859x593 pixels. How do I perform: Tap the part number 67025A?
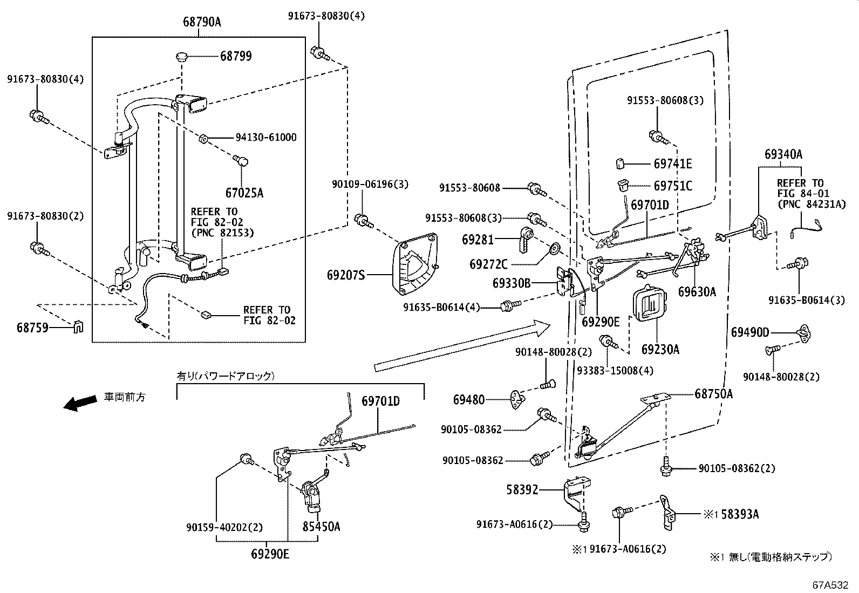(x=244, y=193)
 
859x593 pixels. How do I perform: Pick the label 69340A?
(x=783, y=154)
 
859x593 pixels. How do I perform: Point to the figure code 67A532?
(x=831, y=584)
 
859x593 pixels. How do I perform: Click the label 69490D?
(x=750, y=332)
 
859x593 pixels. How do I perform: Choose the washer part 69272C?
(x=554, y=250)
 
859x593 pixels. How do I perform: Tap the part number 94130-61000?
(x=265, y=138)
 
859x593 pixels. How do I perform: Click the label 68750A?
(x=713, y=394)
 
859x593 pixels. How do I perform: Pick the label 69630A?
(x=697, y=292)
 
